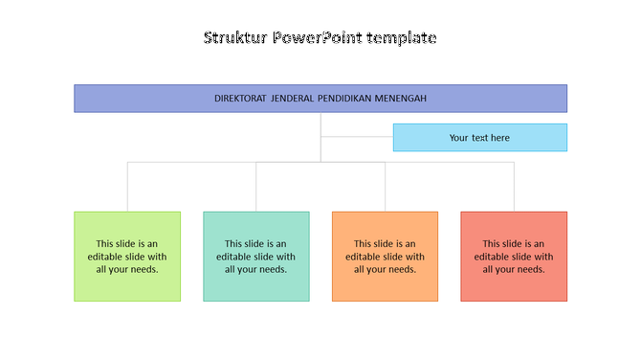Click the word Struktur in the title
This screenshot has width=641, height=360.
point(235,38)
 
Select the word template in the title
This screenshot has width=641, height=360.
point(403,38)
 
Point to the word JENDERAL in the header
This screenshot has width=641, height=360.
point(293,99)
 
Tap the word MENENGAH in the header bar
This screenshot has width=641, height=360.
point(406,99)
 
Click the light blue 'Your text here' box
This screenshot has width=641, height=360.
point(479,138)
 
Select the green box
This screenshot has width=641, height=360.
point(127,256)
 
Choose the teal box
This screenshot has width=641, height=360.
point(256,256)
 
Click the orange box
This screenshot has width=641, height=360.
point(385,256)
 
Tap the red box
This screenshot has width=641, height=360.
point(514,256)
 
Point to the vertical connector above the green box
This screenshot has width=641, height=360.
point(127,187)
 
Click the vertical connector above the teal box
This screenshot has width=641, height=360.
point(256,187)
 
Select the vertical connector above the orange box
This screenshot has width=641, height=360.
point(386,187)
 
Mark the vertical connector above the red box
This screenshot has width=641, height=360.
point(514,187)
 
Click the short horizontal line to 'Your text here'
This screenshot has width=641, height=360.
point(357,137)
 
